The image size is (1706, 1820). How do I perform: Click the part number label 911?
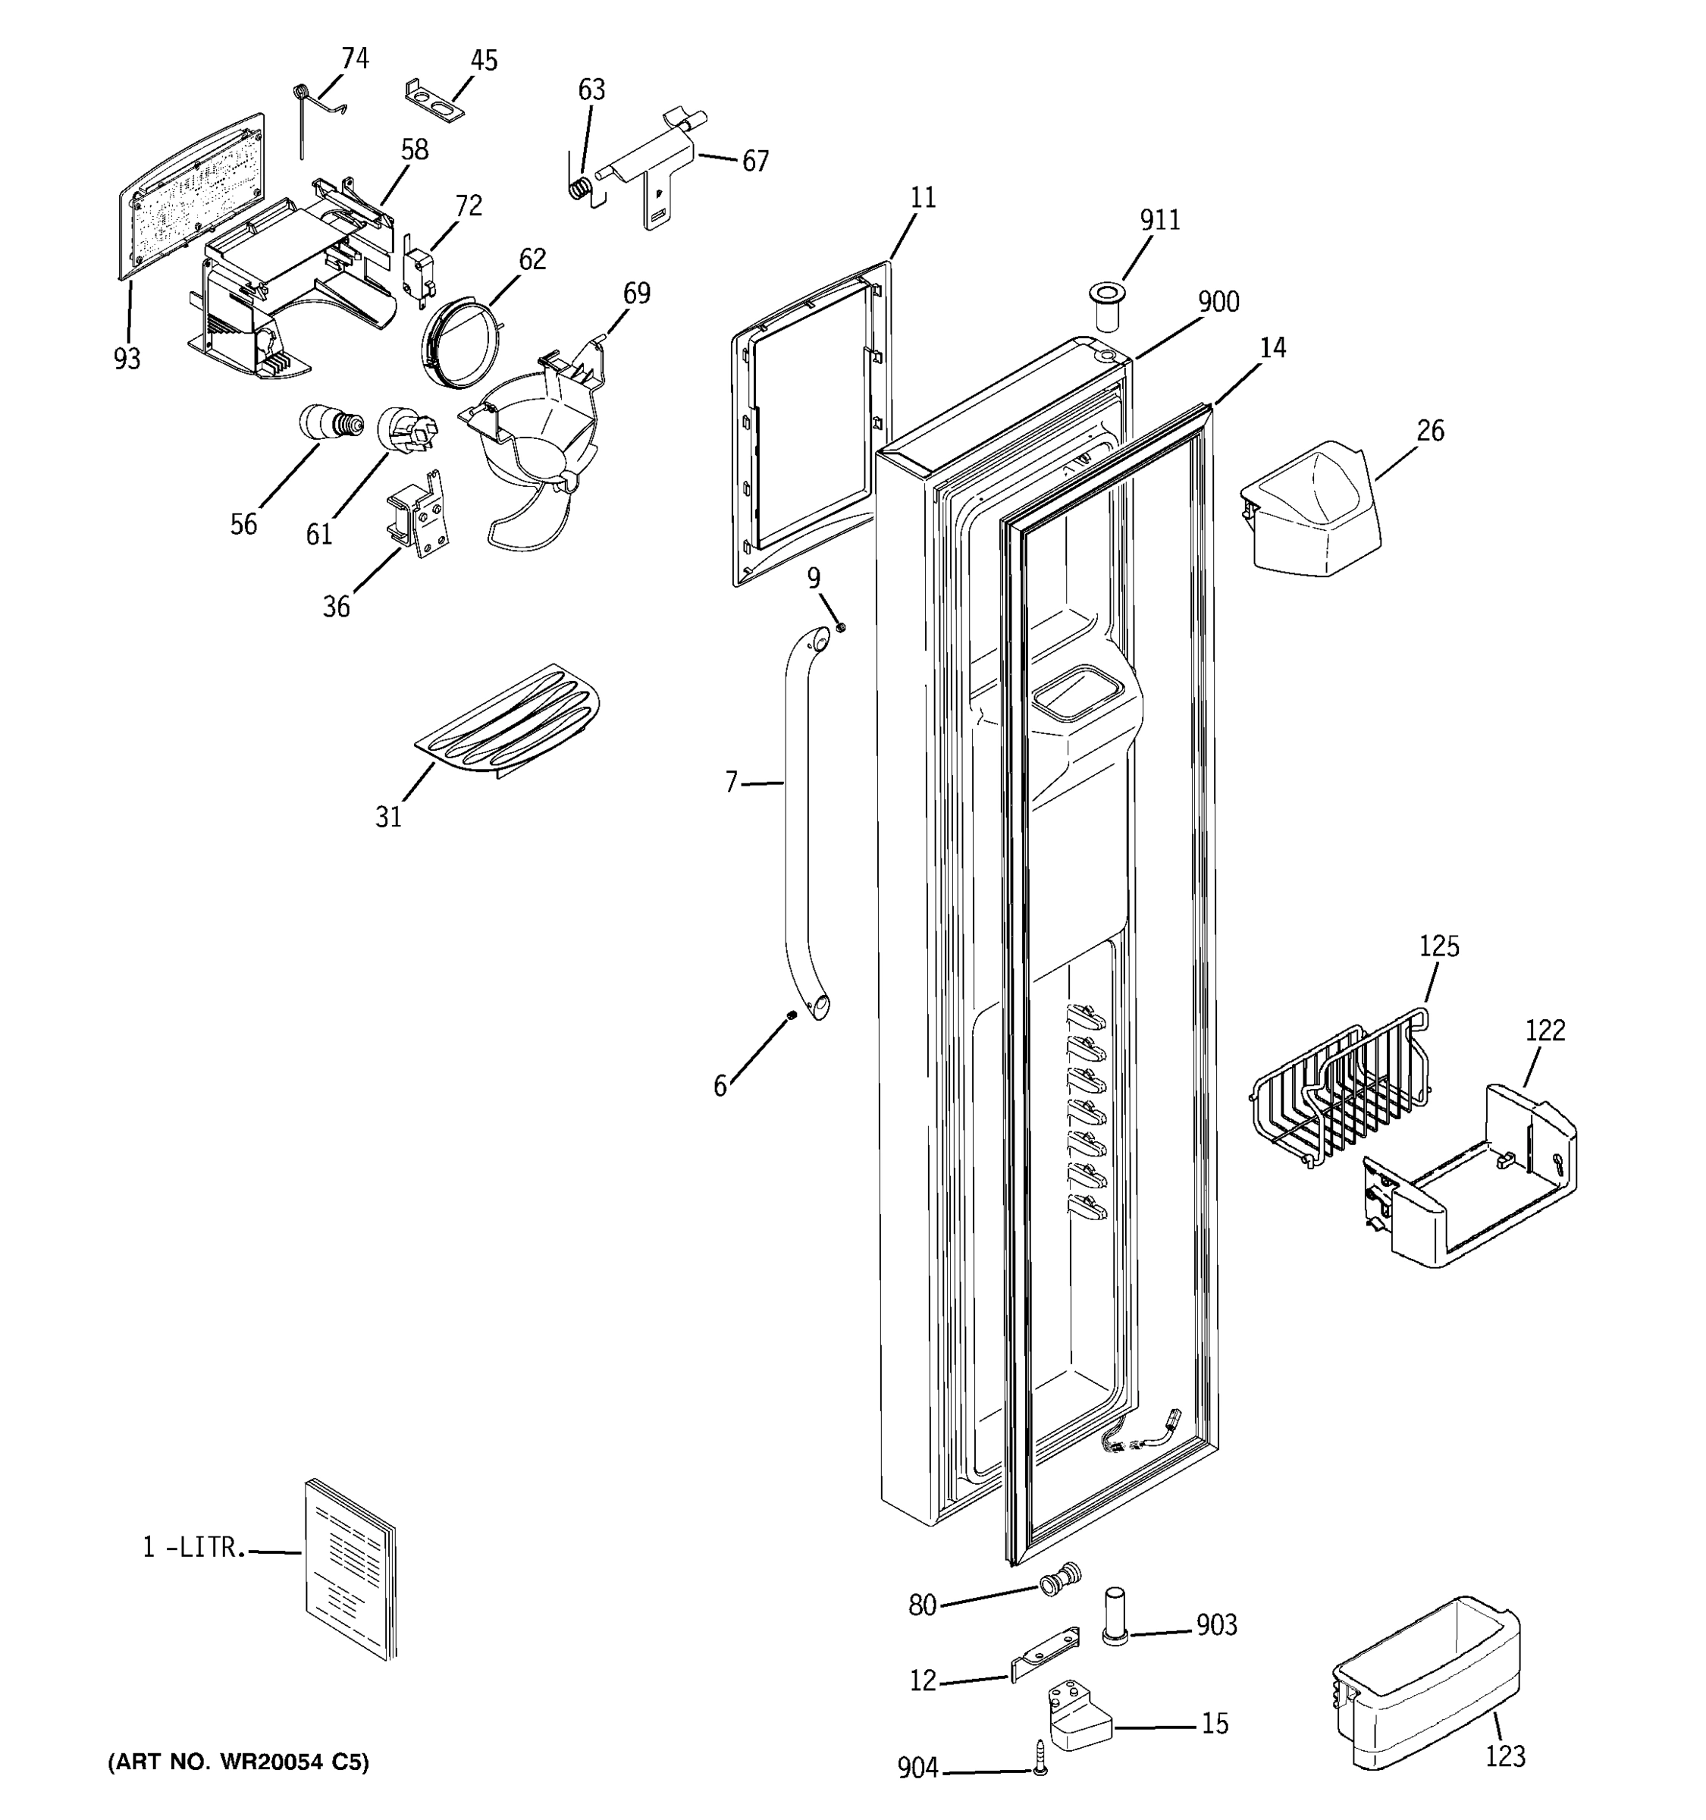(1159, 221)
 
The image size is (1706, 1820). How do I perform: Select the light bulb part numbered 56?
(331, 424)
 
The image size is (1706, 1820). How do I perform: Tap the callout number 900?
(1218, 302)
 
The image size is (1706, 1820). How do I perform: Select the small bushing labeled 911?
(1106, 306)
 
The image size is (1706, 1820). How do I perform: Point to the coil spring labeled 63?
(579, 190)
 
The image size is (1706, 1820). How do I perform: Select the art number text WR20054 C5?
(238, 1762)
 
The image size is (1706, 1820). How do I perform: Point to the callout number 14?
(1272, 348)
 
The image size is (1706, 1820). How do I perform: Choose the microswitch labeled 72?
(416, 275)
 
